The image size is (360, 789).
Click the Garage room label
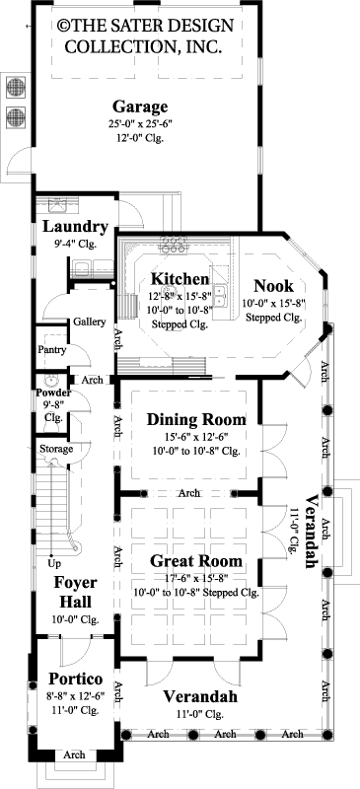coord(139,108)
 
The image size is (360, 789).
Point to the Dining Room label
coord(196,420)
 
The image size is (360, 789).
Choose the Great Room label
coord(196,561)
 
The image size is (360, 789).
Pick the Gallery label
coord(89,322)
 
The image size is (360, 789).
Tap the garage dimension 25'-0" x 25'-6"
coord(139,125)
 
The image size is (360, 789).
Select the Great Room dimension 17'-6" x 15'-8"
coord(196,578)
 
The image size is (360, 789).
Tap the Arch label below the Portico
coord(73,754)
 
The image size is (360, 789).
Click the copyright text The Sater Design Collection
coord(138,35)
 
